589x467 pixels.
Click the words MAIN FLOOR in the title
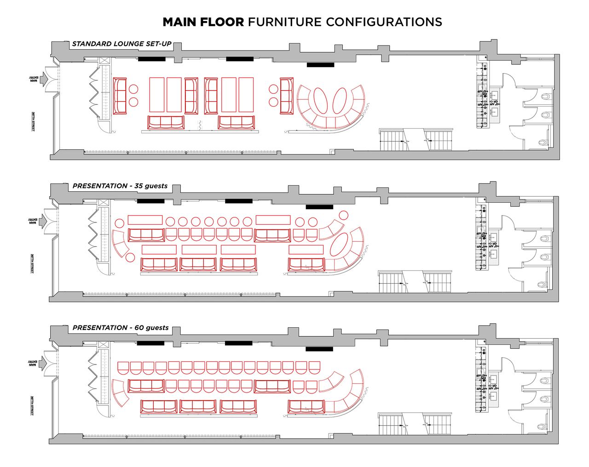click(203, 22)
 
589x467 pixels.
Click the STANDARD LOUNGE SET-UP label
click(121, 44)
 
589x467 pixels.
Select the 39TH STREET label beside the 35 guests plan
click(32, 263)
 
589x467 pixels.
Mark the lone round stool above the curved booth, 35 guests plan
click(343, 215)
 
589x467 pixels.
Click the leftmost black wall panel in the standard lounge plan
click(152, 59)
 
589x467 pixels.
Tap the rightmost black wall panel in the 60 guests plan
click(319, 349)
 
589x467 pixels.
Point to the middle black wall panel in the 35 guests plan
click(239, 201)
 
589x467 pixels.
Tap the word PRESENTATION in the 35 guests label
click(100, 186)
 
